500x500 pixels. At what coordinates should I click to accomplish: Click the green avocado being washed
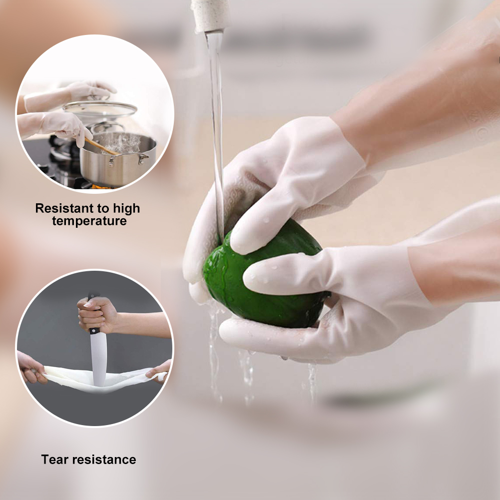point(261,277)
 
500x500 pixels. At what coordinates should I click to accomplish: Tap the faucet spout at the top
point(210,15)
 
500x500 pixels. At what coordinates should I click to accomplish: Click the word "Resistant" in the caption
point(61,208)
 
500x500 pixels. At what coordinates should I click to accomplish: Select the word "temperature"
point(89,221)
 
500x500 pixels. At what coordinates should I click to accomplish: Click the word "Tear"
point(54,460)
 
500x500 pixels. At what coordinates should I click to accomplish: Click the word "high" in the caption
point(126,209)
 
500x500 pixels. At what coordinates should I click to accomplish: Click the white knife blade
point(98,359)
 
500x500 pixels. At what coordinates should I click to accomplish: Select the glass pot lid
point(100,109)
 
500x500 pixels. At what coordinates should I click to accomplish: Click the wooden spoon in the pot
point(100,147)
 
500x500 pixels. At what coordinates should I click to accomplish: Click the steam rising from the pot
point(123,143)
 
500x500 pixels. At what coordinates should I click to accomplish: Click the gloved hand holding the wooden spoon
point(65,126)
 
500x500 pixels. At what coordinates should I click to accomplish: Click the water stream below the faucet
point(217,127)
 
